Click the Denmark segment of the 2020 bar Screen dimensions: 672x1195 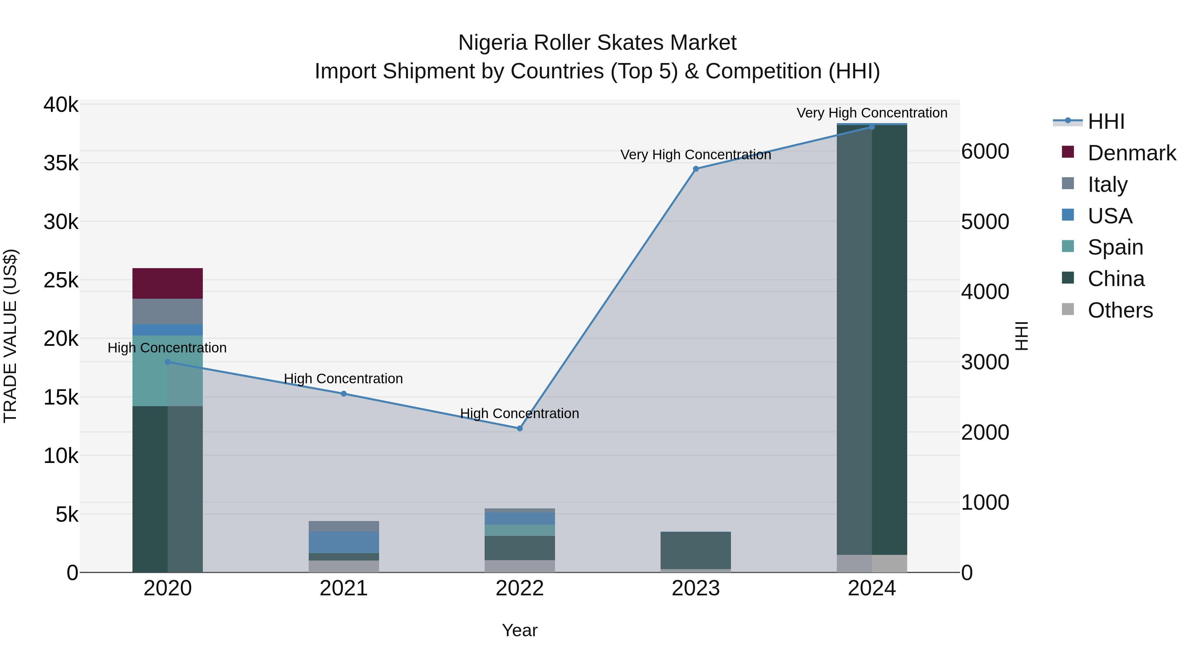168,283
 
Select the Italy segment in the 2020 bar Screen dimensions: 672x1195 168,311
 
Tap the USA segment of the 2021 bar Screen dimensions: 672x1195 344,542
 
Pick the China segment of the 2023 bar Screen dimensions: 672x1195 695,550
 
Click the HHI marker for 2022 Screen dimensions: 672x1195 519,428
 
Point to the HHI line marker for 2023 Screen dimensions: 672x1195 695,169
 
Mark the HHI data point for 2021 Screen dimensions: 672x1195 344,394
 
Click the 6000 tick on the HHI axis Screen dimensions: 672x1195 985,152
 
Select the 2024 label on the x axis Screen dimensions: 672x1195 872,588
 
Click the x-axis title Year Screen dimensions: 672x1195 519,630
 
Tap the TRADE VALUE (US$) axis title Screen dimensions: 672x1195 10,336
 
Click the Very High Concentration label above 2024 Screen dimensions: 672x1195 872,113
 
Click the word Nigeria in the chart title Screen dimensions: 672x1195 493,43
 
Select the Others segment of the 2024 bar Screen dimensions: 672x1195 872,563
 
